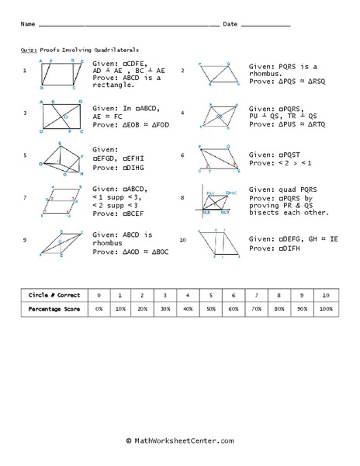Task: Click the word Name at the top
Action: tap(27, 24)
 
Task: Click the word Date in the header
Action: tap(230, 24)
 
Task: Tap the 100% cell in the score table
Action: tap(326, 310)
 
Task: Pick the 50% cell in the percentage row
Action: tap(212, 310)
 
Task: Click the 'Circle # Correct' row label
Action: tap(52, 296)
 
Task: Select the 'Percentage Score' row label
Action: tap(52, 310)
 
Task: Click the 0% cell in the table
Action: tap(98, 310)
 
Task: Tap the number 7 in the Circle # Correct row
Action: tap(258, 296)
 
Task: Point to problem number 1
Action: tap(25, 71)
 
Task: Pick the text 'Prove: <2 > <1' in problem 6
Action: tap(276, 163)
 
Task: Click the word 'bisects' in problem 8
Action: tap(265, 213)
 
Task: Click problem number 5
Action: tap(25, 155)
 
